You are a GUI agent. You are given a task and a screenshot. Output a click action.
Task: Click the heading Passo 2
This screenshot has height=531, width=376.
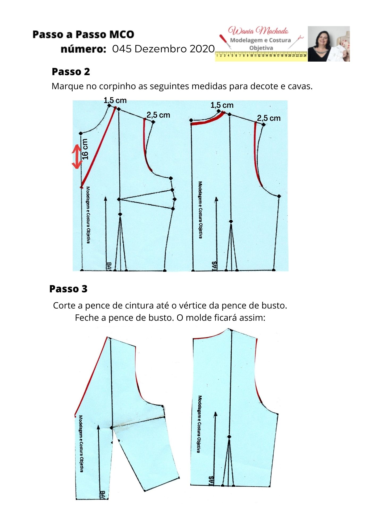point(71,72)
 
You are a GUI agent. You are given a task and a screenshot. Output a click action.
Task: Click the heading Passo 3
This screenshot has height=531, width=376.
point(68,289)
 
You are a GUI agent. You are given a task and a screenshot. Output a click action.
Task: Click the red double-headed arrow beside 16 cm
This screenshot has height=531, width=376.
point(77,157)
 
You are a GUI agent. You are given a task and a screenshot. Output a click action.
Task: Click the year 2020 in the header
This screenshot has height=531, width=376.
point(202,49)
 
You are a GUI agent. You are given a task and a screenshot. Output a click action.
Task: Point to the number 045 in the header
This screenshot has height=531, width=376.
point(122,49)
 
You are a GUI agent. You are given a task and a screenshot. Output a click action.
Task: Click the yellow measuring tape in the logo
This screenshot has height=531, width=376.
point(261,56)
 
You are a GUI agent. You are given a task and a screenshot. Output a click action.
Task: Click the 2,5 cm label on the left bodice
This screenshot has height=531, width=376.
point(158,115)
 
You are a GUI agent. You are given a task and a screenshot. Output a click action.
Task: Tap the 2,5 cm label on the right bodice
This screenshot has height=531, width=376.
point(269,118)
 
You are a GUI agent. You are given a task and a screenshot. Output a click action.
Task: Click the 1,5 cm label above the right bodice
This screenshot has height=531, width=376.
point(222,105)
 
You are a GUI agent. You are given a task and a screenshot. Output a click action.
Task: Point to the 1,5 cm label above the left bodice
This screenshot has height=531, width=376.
point(115,101)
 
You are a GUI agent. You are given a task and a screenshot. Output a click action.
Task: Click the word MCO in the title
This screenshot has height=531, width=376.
point(122,35)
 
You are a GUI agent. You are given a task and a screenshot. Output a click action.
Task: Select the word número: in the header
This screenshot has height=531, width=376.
point(83,49)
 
